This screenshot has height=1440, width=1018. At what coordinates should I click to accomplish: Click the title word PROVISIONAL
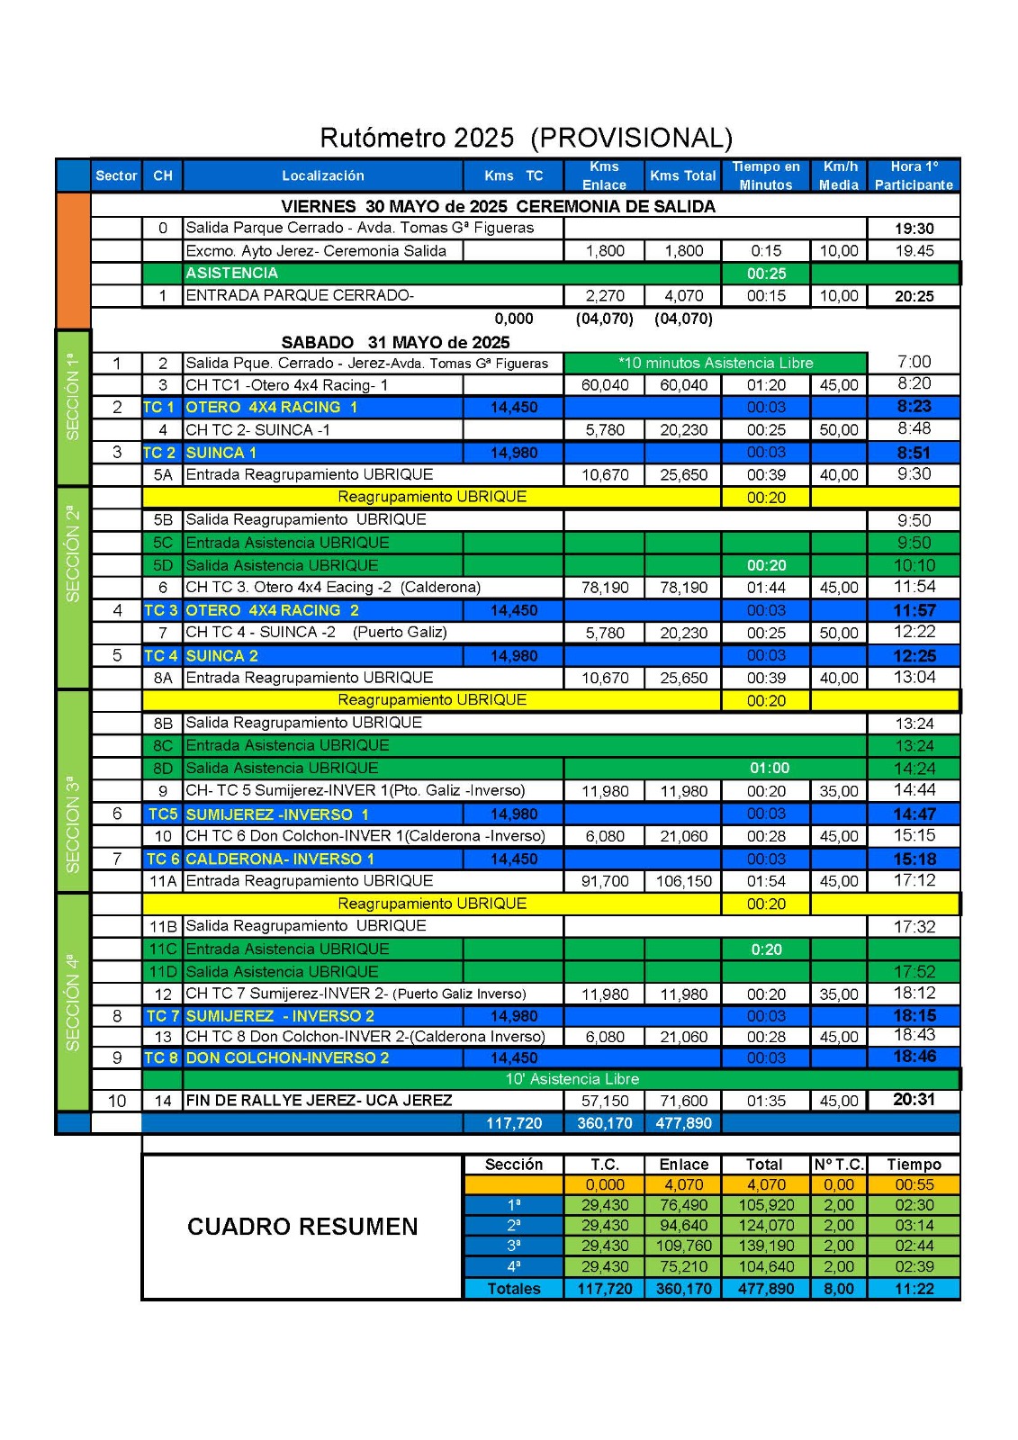tap(631, 138)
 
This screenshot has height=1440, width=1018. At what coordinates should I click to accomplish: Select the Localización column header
tap(322, 175)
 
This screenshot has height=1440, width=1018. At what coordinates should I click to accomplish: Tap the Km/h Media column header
tap(839, 175)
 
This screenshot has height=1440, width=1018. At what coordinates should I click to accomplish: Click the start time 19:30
tap(914, 229)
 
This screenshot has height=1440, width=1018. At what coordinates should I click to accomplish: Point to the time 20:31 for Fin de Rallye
tap(914, 1099)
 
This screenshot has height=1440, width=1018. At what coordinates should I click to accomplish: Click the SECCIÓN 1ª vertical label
tap(73, 396)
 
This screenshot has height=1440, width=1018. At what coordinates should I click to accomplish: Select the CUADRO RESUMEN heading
tap(302, 1227)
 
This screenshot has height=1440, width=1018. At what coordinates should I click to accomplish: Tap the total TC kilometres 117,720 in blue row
tap(514, 1123)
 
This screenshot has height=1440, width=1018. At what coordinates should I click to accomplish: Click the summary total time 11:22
tap(914, 1289)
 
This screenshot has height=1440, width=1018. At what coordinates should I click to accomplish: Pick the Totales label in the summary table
tap(514, 1289)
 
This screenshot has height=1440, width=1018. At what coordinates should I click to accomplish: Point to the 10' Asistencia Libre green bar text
tap(572, 1079)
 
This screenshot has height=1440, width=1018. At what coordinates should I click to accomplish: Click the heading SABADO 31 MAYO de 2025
tap(395, 342)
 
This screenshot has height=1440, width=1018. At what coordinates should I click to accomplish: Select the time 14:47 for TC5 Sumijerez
tap(914, 814)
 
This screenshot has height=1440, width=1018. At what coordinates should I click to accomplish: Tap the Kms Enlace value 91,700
tap(605, 881)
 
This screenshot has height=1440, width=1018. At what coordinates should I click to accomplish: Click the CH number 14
tap(163, 1101)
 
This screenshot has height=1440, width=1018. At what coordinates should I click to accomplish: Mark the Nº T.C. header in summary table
tap(839, 1165)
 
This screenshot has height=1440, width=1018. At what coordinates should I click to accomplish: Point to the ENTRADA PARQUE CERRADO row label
tap(300, 295)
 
